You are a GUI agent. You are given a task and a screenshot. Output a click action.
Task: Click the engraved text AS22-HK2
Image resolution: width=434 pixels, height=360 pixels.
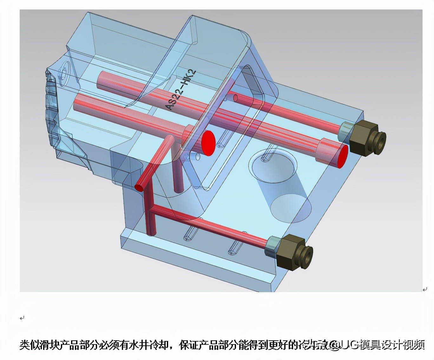click(x=182, y=90)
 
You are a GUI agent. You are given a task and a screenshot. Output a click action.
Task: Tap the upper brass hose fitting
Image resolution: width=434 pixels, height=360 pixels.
click(x=366, y=139)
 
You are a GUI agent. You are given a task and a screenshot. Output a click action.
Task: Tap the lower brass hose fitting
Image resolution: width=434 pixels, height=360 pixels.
click(x=294, y=252)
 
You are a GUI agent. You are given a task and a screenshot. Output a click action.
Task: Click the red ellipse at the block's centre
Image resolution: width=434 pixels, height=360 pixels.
click(x=208, y=143)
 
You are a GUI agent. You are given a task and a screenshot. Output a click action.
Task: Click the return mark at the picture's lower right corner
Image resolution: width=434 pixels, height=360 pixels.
click(x=425, y=289)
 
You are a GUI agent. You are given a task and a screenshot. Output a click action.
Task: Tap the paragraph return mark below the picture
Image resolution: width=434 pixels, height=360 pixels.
click(x=22, y=318)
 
